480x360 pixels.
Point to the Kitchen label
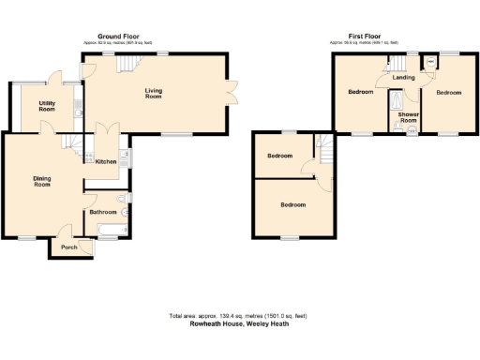pos(106,162)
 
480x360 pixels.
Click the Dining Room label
pos(41,181)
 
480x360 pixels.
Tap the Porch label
pos(68,247)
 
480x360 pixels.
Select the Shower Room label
pos(409,117)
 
